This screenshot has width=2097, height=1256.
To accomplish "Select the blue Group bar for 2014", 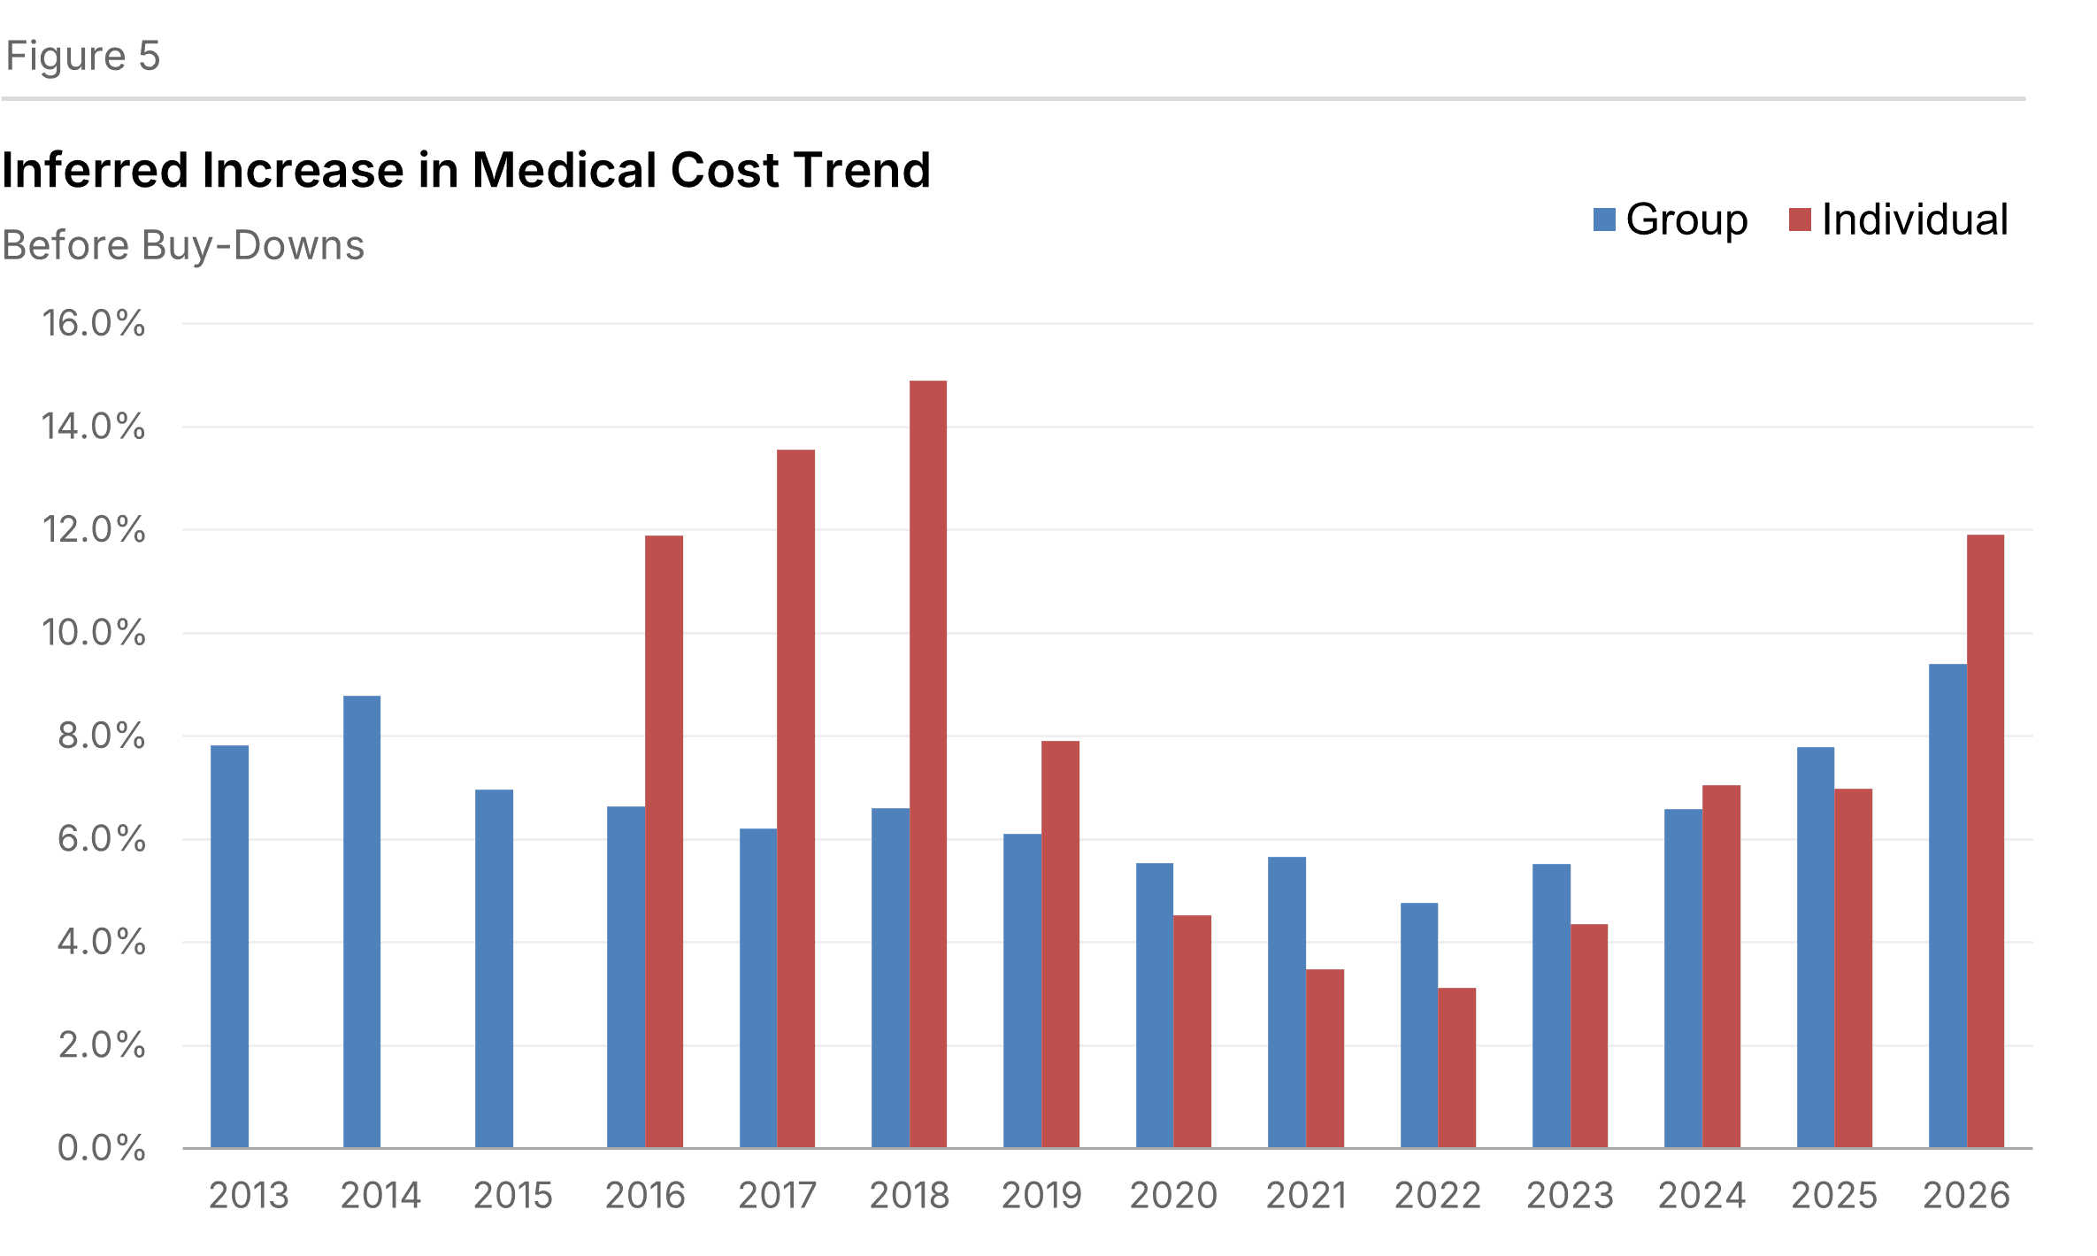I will click(362, 921).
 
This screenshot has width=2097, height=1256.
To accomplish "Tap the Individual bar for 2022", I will click(1457, 1067).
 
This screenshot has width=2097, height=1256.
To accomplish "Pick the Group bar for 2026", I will click(1947, 905).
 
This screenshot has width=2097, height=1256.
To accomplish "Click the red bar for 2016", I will click(664, 841).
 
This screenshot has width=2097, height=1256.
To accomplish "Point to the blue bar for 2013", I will click(229, 946).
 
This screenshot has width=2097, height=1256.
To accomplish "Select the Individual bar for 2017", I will click(795, 798).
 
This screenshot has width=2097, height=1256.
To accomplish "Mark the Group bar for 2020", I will click(1155, 1005).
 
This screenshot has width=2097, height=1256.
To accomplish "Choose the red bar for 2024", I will click(1721, 966).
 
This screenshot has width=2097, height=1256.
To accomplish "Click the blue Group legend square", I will click(1604, 220).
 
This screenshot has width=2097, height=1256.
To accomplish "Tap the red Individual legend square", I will click(1800, 220).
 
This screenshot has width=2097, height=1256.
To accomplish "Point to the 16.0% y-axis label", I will click(94, 323).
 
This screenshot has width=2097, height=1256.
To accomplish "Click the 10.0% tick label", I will click(94, 633).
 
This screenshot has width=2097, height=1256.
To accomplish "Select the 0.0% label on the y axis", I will click(101, 1148).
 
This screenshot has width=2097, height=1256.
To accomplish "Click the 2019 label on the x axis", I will click(1041, 1196).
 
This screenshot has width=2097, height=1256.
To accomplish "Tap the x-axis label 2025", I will click(1834, 1196).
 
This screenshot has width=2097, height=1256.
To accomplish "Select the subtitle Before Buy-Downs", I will click(183, 246).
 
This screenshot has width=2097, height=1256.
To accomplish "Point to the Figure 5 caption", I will click(83, 57).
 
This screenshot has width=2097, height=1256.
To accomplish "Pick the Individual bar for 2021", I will click(1325, 1059).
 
